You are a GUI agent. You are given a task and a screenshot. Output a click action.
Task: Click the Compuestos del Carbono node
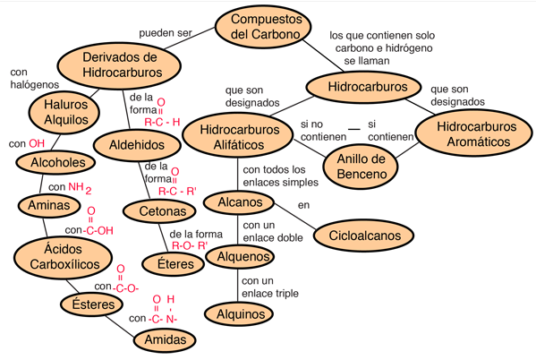263,27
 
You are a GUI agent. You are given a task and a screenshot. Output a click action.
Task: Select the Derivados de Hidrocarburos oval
119,65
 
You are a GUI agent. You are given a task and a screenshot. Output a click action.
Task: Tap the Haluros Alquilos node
64,113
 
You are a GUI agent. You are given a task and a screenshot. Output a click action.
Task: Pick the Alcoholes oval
55,163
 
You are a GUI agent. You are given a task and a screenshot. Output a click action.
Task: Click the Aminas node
49,205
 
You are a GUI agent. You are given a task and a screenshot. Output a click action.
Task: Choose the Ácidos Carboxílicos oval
64,257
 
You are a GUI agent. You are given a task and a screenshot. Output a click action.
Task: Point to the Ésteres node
91,304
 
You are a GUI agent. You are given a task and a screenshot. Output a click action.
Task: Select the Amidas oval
165,339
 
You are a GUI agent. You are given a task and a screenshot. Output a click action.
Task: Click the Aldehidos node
137,145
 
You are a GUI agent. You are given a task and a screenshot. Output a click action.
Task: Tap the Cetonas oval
159,211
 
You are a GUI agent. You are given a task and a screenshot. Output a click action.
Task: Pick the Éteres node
174,264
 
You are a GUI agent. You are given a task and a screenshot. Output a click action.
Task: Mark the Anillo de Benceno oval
361,167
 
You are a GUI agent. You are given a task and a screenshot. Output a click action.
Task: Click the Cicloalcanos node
364,236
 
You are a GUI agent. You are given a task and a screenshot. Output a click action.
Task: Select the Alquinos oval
239,313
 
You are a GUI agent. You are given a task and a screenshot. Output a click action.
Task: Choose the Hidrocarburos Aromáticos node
474,133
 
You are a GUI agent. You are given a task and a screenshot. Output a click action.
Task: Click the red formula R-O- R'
190,245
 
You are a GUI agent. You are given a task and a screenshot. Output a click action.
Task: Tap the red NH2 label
80,188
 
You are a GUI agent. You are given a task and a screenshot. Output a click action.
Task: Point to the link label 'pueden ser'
166,33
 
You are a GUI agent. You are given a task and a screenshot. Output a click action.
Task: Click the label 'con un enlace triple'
270,287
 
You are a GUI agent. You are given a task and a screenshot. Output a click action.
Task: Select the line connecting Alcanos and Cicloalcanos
295,217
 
